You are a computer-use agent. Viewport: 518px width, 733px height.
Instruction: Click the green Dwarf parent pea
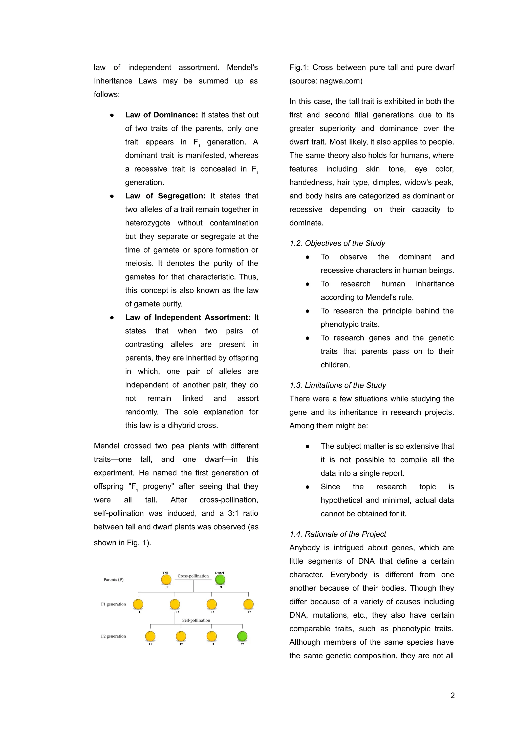tap(220, 579)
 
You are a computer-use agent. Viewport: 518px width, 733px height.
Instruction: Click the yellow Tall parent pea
tap(166, 579)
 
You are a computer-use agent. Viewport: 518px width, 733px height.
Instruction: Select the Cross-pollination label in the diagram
tap(193, 576)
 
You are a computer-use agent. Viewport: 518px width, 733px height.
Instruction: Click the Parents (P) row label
tap(113, 580)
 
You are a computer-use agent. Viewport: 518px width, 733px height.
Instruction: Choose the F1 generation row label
tap(113, 604)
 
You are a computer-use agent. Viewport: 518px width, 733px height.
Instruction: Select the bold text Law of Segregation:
tap(165, 196)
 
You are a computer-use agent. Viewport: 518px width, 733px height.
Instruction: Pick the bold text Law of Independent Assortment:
tap(187, 317)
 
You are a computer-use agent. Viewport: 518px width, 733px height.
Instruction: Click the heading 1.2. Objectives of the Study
tap(337, 243)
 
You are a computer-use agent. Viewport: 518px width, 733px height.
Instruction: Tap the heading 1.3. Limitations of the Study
tap(337, 385)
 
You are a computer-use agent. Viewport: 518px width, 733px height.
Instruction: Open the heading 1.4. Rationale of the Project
tap(337, 534)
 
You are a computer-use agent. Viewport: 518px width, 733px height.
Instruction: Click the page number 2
tap(452, 695)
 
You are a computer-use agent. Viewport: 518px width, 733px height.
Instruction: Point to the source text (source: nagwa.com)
tap(326, 81)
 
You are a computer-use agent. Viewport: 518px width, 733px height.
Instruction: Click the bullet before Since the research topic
tap(307, 487)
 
